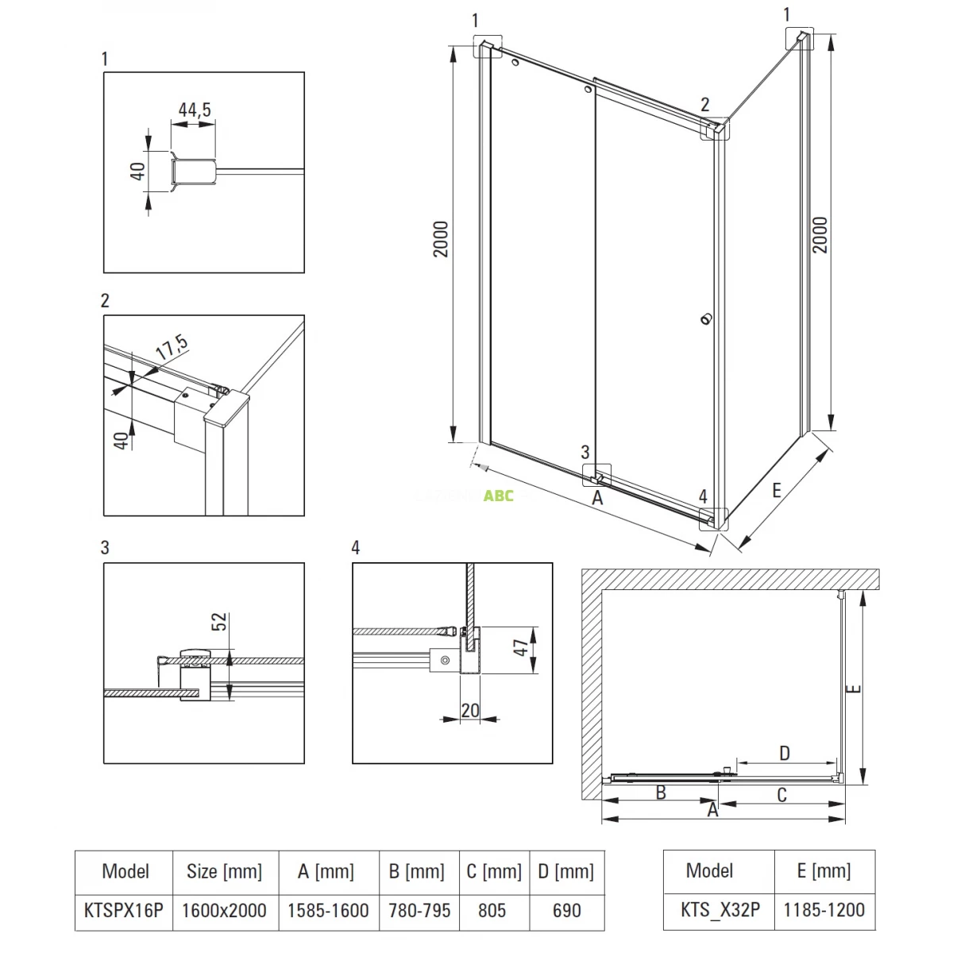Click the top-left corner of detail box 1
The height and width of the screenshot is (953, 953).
(104, 72)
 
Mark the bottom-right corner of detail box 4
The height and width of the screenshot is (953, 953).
(553, 763)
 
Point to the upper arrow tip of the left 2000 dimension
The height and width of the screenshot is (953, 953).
(453, 47)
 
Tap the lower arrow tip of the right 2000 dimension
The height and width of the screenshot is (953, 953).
(831, 430)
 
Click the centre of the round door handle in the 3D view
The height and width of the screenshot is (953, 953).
(706, 319)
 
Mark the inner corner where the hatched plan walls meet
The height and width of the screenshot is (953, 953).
(602, 590)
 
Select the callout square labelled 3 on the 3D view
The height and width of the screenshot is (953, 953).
(597, 475)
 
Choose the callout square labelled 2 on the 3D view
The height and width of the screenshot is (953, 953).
(715, 129)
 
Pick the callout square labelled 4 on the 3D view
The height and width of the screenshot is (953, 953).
(714, 519)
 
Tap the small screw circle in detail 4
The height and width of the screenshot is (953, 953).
(445, 660)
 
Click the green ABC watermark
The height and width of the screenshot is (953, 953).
(499, 496)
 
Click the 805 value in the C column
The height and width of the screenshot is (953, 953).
(492, 910)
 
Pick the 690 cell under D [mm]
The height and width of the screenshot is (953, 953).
(567, 910)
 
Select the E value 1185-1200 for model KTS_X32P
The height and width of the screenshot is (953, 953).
(824, 910)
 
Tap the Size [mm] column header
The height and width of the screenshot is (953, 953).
(225, 871)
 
